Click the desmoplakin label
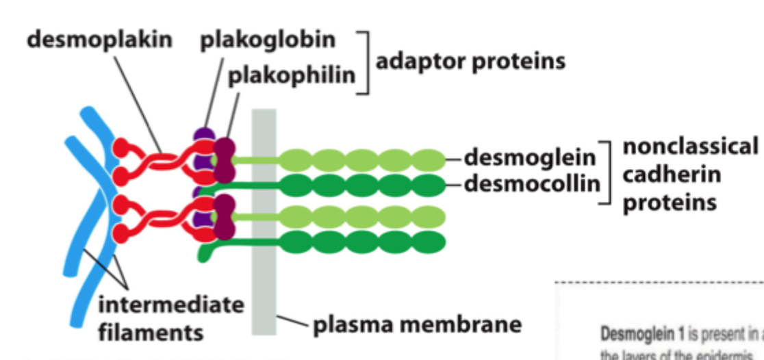coord(99,40)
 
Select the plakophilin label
coord(292,74)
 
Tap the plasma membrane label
coord(418,324)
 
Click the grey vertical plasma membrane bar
coord(264,274)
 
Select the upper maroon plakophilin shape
coord(224,159)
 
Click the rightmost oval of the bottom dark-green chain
coord(429,241)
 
